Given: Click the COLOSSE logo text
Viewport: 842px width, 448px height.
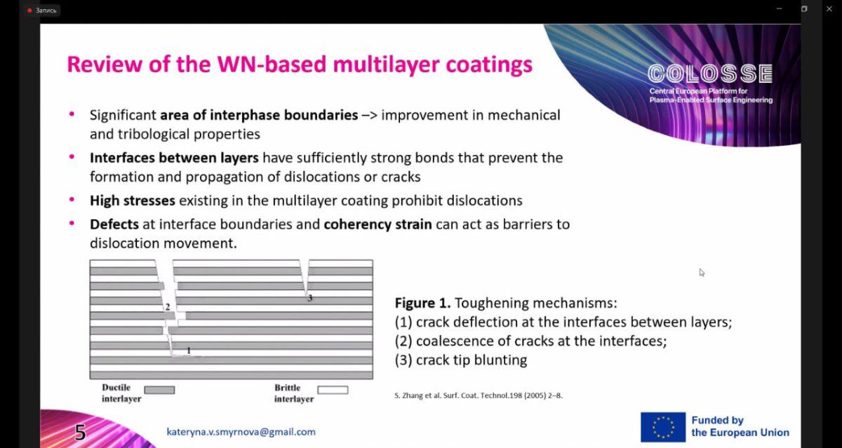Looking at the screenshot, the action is pos(710,73).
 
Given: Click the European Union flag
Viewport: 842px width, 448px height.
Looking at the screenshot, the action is pos(663,427).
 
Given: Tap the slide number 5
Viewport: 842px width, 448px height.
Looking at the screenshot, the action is pos(80,433).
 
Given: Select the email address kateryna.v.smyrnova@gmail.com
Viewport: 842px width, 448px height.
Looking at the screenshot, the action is pos(241,432).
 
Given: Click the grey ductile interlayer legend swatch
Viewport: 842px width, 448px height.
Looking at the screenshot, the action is pos(159,391).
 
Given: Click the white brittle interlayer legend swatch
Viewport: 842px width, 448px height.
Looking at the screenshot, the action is pos(333,391).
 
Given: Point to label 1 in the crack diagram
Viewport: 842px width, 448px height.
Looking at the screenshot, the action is pos(189,351).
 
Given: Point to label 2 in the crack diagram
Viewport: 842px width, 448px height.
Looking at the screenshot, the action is pos(168,307).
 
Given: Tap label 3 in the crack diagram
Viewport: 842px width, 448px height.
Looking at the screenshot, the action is pos(310,298).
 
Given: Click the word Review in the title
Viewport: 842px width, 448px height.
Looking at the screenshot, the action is pos(105,65).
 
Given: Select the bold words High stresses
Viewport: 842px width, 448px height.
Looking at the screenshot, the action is pos(133,201).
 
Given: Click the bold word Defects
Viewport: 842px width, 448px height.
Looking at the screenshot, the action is pos(114,224).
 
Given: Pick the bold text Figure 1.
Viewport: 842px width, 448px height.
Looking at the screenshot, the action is pos(422,303).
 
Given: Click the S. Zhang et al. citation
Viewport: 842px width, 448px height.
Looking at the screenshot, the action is pos(479,395).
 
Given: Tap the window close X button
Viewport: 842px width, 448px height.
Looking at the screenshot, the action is pos(829,8).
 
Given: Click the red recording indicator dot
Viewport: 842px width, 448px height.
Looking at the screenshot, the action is pos(29,11).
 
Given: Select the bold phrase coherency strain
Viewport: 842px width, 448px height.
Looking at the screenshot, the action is pos(377,224).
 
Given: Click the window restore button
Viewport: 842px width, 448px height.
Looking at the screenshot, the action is pos(804,8).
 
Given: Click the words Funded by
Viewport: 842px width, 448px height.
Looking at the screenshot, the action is pos(718,420).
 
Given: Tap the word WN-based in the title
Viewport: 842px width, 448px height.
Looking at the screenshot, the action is pos(272,65).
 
